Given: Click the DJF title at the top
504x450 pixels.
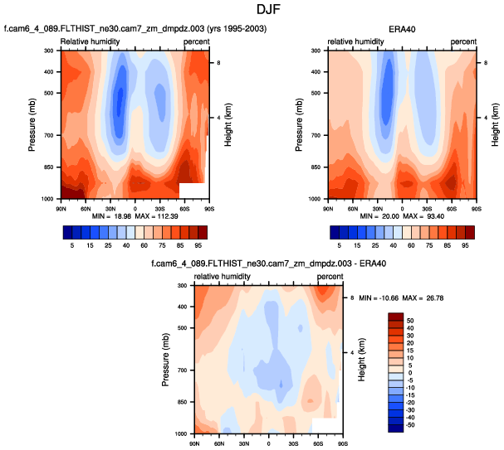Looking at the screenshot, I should pyautogui.click(x=251, y=10).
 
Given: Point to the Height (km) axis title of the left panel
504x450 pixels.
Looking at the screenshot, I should pyautogui.click(x=228, y=124).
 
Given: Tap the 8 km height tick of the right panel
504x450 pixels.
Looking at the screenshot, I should pyautogui.click(x=485, y=63).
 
